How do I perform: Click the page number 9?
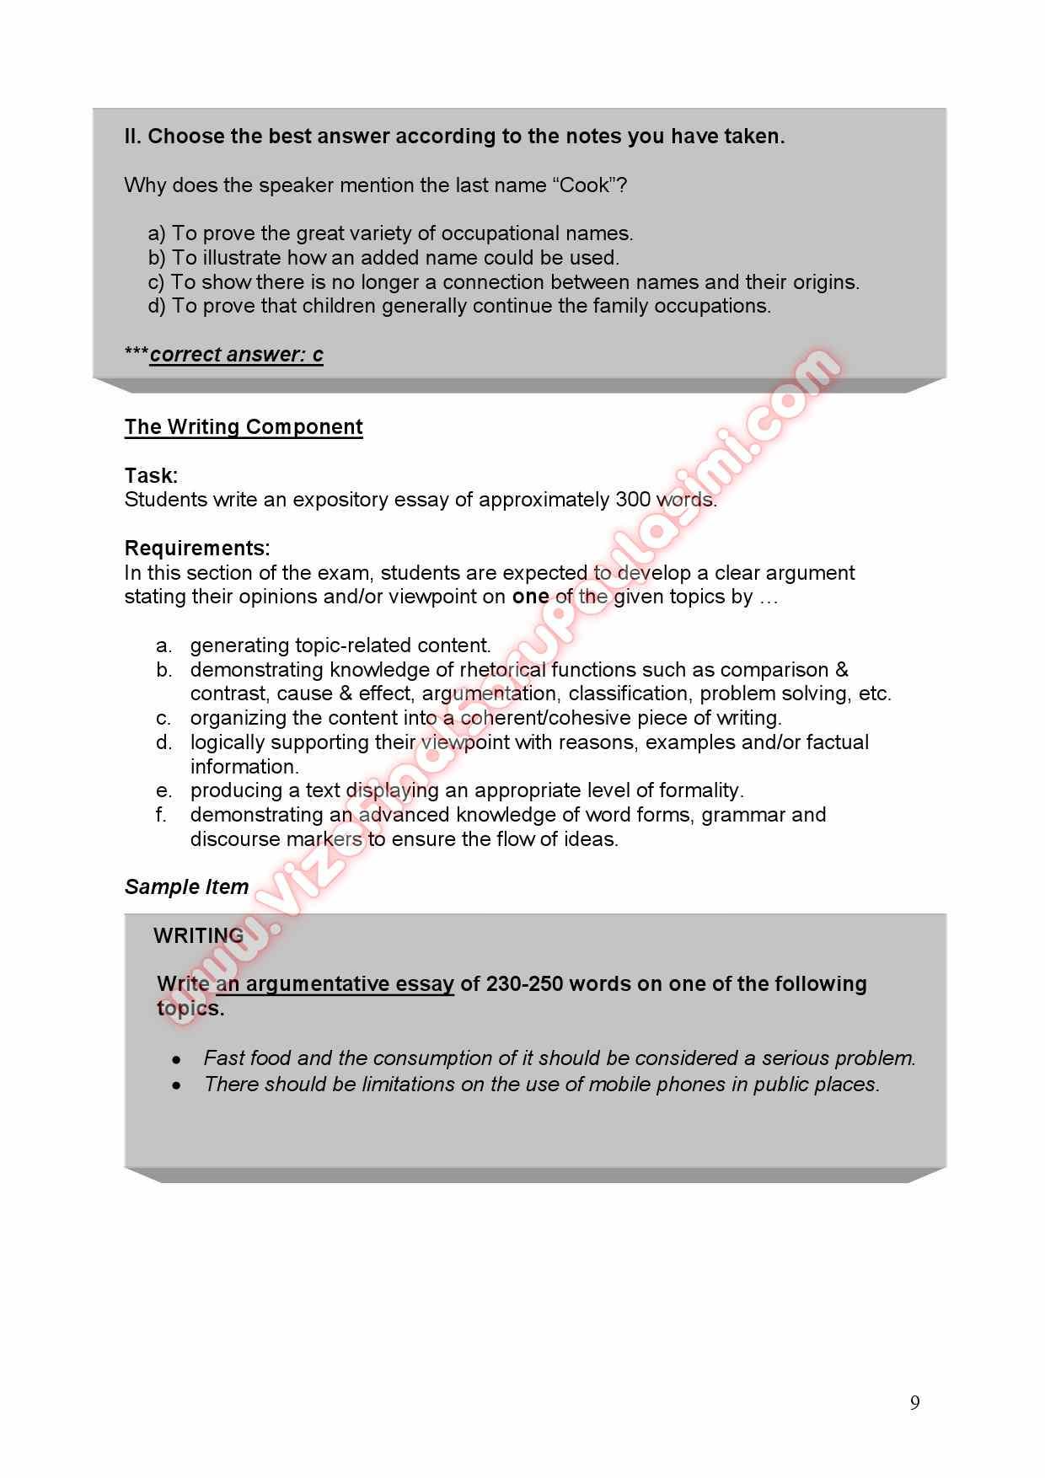tap(914, 1403)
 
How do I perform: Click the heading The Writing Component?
tap(244, 427)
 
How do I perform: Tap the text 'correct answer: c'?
tap(236, 355)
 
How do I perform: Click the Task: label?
tap(152, 475)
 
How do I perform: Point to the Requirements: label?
tap(197, 548)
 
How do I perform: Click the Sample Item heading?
tap(186, 887)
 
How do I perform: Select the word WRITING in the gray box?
tap(198, 935)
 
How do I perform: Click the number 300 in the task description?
tap(633, 500)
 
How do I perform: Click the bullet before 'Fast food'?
tap(176, 1059)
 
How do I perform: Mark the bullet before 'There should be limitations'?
tap(176, 1085)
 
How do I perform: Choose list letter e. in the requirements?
tap(163, 790)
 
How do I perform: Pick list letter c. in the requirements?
tap(163, 718)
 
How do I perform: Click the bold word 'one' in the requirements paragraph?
tap(530, 597)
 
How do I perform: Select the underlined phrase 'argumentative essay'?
tap(350, 984)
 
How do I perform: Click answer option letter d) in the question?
tap(157, 306)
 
